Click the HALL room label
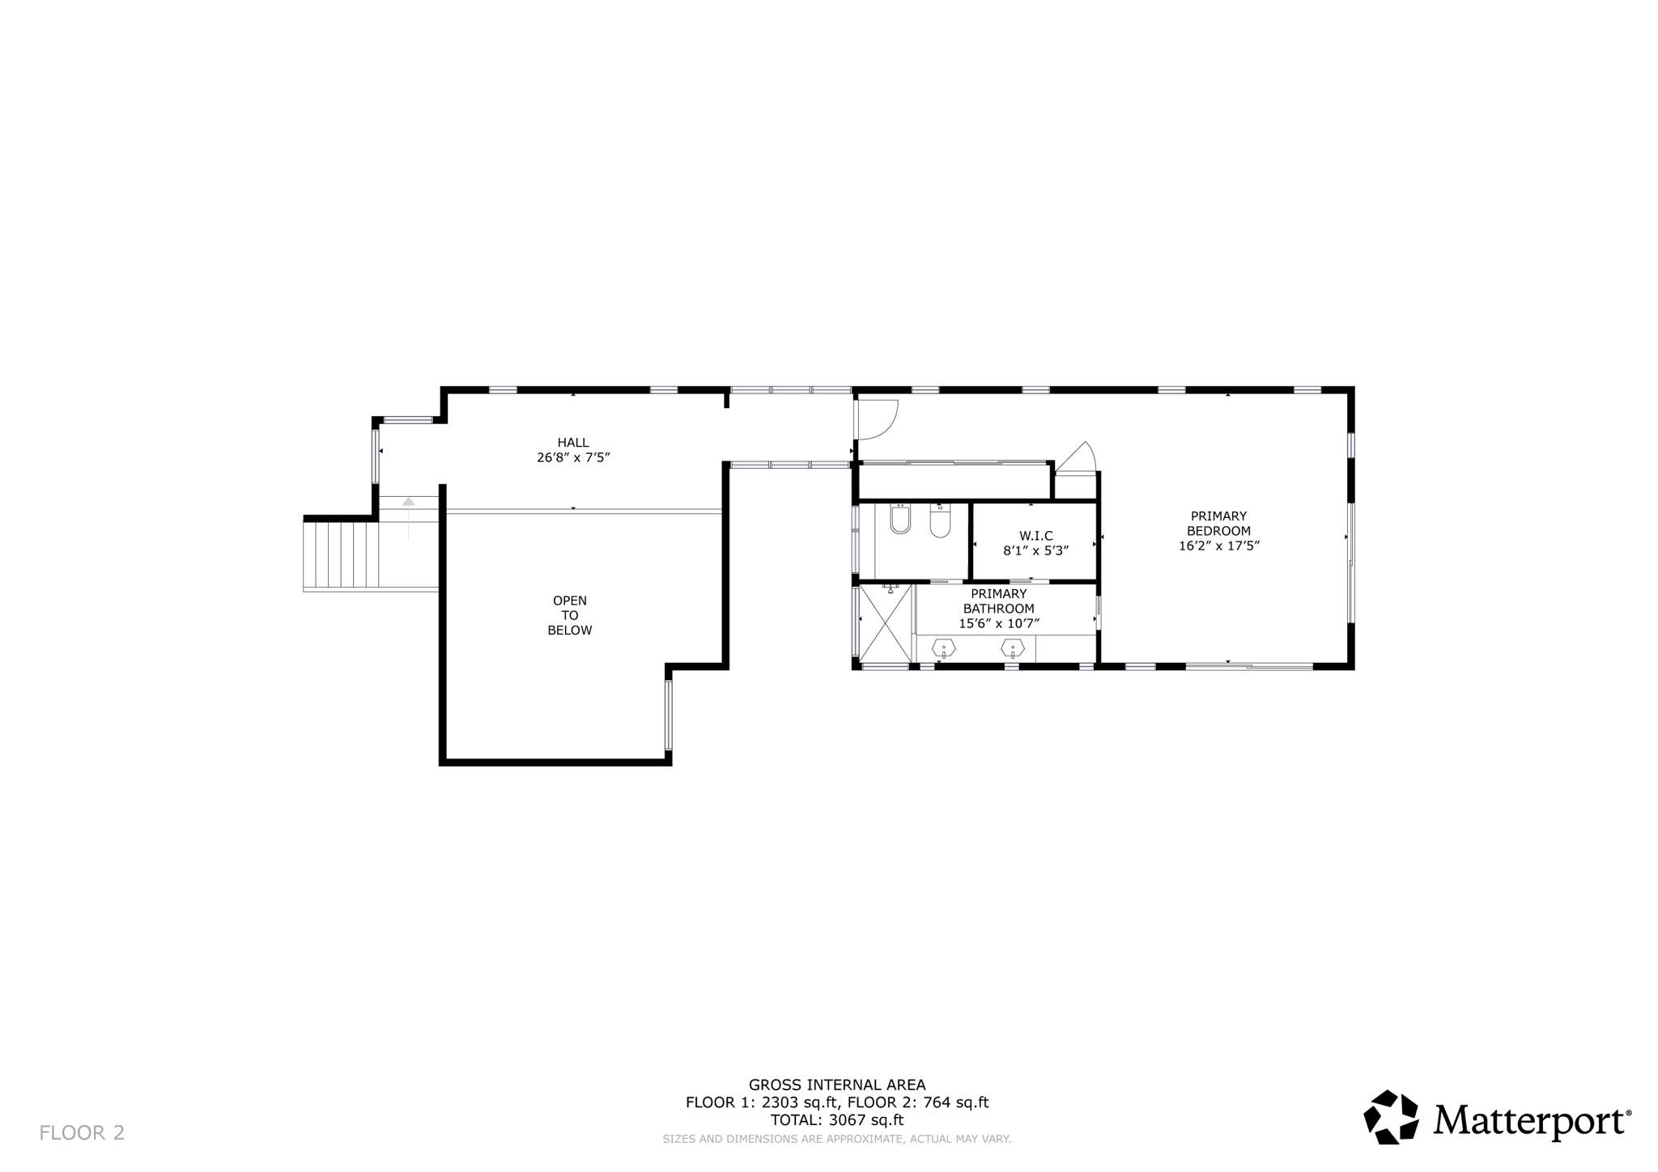click(572, 443)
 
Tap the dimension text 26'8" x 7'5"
click(572, 457)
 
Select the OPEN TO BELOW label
click(569, 615)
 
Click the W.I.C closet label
click(1035, 536)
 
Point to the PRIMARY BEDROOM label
click(1218, 524)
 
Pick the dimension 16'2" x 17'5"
click(1218, 546)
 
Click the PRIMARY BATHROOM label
click(998, 601)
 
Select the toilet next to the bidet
click(940, 522)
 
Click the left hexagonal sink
click(944, 648)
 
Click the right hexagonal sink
click(1013, 648)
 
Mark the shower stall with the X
click(885, 622)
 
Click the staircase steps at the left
click(341, 554)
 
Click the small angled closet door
click(1077, 457)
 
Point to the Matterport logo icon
click(1391, 1117)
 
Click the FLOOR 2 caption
click(82, 1133)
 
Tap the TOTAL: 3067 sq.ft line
click(836, 1120)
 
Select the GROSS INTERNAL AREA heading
click(836, 1085)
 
